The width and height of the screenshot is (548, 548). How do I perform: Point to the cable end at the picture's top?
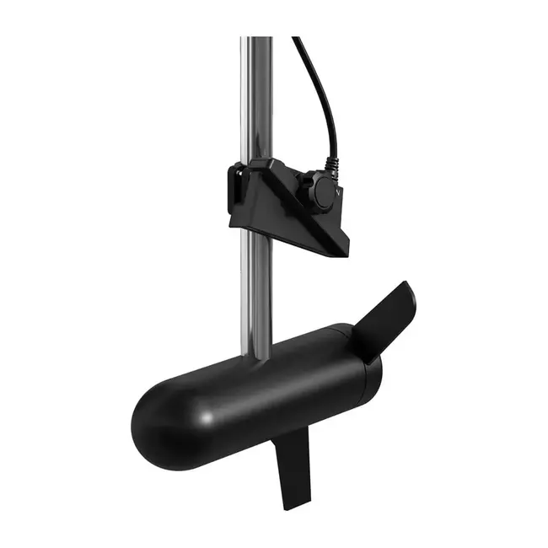coord(296,39)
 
